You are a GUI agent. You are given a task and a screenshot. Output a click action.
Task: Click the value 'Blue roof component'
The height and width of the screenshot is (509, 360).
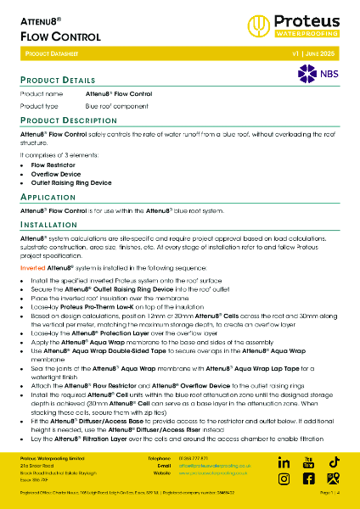click(x=115, y=107)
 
